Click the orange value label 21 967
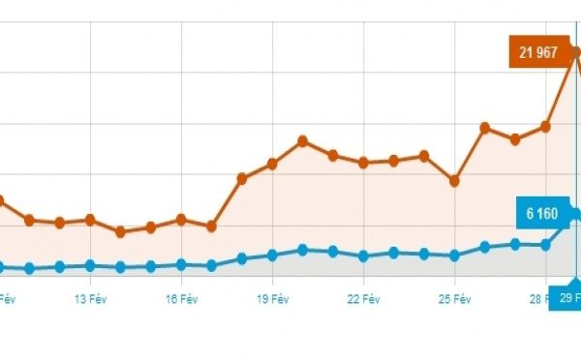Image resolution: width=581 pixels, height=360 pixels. pyautogui.click(x=537, y=52)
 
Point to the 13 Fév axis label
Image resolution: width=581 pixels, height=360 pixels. pyautogui.click(x=90, y=300)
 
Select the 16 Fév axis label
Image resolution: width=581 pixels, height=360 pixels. pyautogui.click(x=181, y=300)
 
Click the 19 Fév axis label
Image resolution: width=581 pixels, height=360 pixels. pyautogui.click(x=272, y=300)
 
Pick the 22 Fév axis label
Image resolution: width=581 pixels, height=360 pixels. pyautogui.click(x=363, y=300)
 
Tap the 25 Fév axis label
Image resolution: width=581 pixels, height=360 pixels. pyautogui.click(x=454, y=300)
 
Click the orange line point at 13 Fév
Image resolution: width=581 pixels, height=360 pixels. pyautogui.click(x=90, y=220)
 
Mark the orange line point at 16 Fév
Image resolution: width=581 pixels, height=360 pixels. pyautogui.click(x=181, y=220)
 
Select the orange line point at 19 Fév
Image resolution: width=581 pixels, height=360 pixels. pyautogui.click(x=272, y=164)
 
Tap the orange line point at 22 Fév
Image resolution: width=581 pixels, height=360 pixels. pyautogui.click(x=363, y=163)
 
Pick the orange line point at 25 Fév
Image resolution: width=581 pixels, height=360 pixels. pyautogui.click(x=454, y=181)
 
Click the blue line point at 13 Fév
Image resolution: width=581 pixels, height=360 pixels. pyautogui.click(x=90, y=265)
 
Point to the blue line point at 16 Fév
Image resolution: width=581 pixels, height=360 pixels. pyautogui.click(x=181, y=264)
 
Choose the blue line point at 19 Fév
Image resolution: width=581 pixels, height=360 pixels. pyautogui.click(x=272, y=255)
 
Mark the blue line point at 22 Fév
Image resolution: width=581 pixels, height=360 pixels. pyautogui.click(x=363, y=256)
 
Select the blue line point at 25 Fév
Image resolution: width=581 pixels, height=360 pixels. pyautogui.click(x=454, y=255)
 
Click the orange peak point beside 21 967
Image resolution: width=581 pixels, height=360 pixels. pyautogui.click(x=575, y=50)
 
